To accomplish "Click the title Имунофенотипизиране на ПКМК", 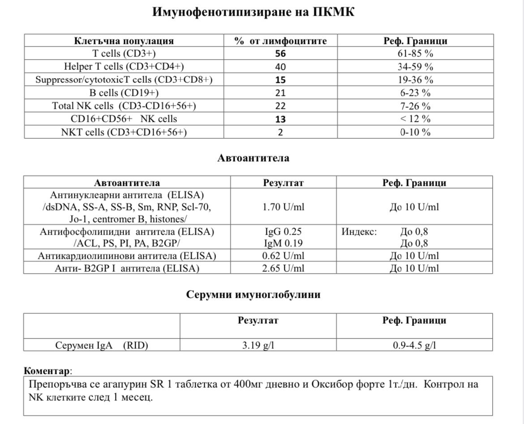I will point(253,12).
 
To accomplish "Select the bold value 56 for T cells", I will point(281,54).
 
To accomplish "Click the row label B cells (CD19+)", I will point(124,93).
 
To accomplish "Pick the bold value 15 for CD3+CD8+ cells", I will point(281,80).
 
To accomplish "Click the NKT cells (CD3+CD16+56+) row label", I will point(124,132).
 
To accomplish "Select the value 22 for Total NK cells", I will point(281,106).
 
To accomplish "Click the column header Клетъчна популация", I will point(124,41).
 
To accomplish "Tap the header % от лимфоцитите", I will point(281,41).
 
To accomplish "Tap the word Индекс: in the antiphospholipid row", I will point(359,232).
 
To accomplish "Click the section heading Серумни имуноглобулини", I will point(253,295).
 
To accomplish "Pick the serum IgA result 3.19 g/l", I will point(258,345).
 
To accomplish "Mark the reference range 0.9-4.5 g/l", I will point(414,345).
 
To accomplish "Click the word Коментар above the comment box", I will point(47,371).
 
